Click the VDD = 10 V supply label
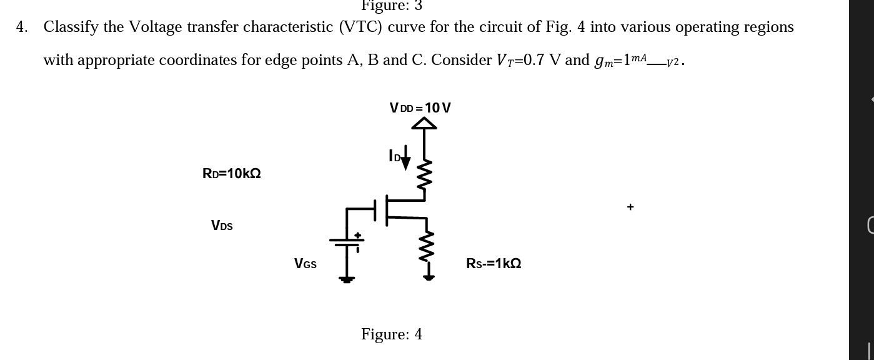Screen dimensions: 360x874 tap(420, 108)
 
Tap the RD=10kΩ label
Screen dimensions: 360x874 tap(231, 174)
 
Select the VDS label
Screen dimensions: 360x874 tap(222, 226)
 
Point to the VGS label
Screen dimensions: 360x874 tap(305, 264)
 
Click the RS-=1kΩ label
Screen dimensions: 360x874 tap(494, 264)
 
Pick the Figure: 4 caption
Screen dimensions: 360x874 tap(391, 334)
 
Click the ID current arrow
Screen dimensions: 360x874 tap(405, 157)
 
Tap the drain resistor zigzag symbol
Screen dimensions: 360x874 tap(425, 174)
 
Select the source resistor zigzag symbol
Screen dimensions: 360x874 tap(427, 246)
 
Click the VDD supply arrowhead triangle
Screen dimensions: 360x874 tap(424, 123)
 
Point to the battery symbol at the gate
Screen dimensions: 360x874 tap(347, 241)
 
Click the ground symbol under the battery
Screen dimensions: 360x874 tap(347, 279)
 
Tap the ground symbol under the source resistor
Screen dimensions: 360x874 tap(429, 277)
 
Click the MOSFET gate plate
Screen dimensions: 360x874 tap(375, 210)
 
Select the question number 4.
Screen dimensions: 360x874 tap(22, 27)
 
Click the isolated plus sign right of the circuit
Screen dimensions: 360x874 tap(630, 207)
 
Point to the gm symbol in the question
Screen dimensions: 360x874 tap(603, 61)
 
